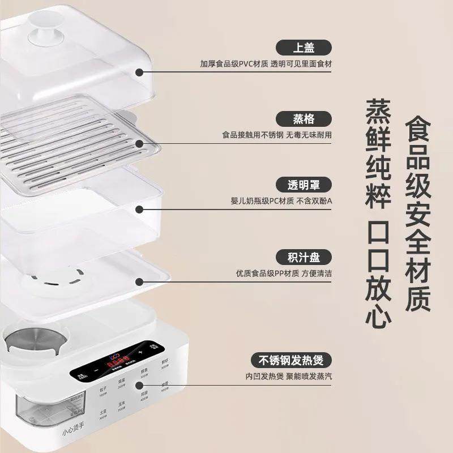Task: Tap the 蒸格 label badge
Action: pos(304,118)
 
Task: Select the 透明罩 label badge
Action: pos(304,185)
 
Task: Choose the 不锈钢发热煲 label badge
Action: pos(291,360)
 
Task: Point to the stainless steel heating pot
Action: pos(25,343)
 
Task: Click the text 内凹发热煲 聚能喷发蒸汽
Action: pos(288,376)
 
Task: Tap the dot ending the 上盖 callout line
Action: pos(139,72)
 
